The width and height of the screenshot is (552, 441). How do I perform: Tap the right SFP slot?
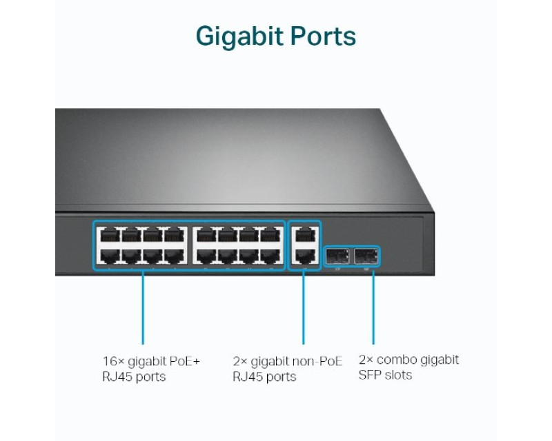pos(366,256)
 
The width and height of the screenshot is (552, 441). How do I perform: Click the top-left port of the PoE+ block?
pos(109,235)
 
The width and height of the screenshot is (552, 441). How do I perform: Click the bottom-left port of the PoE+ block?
pos(109,256)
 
